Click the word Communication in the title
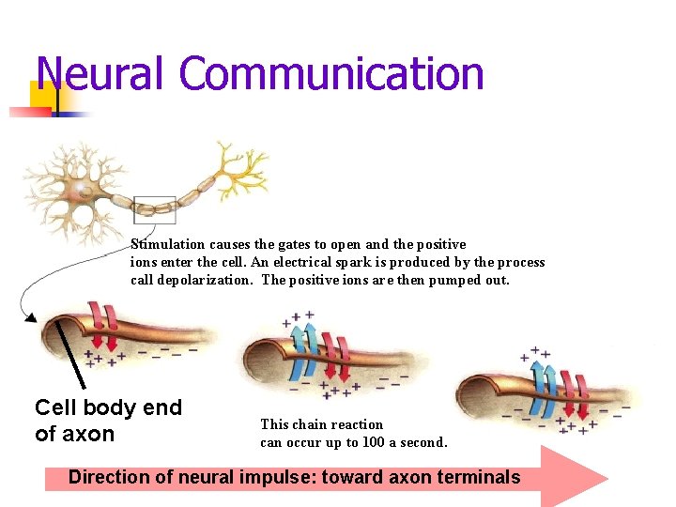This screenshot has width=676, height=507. tap(332, 73)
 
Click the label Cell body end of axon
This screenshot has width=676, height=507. tap(108, 421)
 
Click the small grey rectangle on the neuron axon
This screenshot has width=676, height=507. tap(155, 209)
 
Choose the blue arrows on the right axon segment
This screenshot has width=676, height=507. tap(545, 386)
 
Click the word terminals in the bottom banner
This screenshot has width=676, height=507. tap(478, 477)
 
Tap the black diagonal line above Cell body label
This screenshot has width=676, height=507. tap(70, 353)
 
